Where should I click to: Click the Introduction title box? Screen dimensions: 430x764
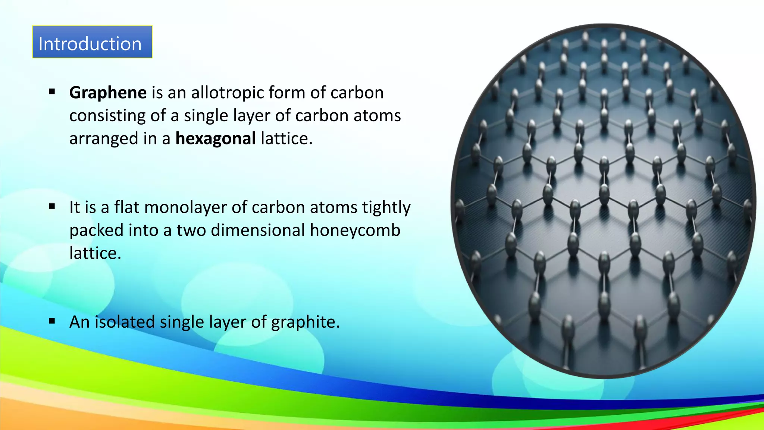(x=92, y=42)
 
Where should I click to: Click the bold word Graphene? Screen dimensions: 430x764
(x=108, y=93)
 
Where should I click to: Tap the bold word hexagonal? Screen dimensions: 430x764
(x=216, y=138)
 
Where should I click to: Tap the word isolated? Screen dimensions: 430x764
(x=125, y=322)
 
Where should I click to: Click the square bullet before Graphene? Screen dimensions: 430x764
(x=52, y=91)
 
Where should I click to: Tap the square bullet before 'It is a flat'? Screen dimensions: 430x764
(x=52, y=206)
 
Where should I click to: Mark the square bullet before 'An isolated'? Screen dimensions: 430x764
(x=52, y=321)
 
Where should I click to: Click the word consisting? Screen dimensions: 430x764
(x=107, y=116)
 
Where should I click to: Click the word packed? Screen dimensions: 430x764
(x=96, y=230)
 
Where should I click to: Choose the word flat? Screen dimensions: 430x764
(x=126, y=207)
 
